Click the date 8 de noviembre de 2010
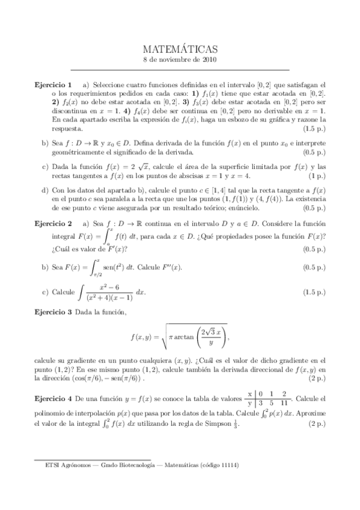point(180,60)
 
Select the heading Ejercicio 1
point(53,84)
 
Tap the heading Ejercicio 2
point(53,223)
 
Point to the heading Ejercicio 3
point(53,312)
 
